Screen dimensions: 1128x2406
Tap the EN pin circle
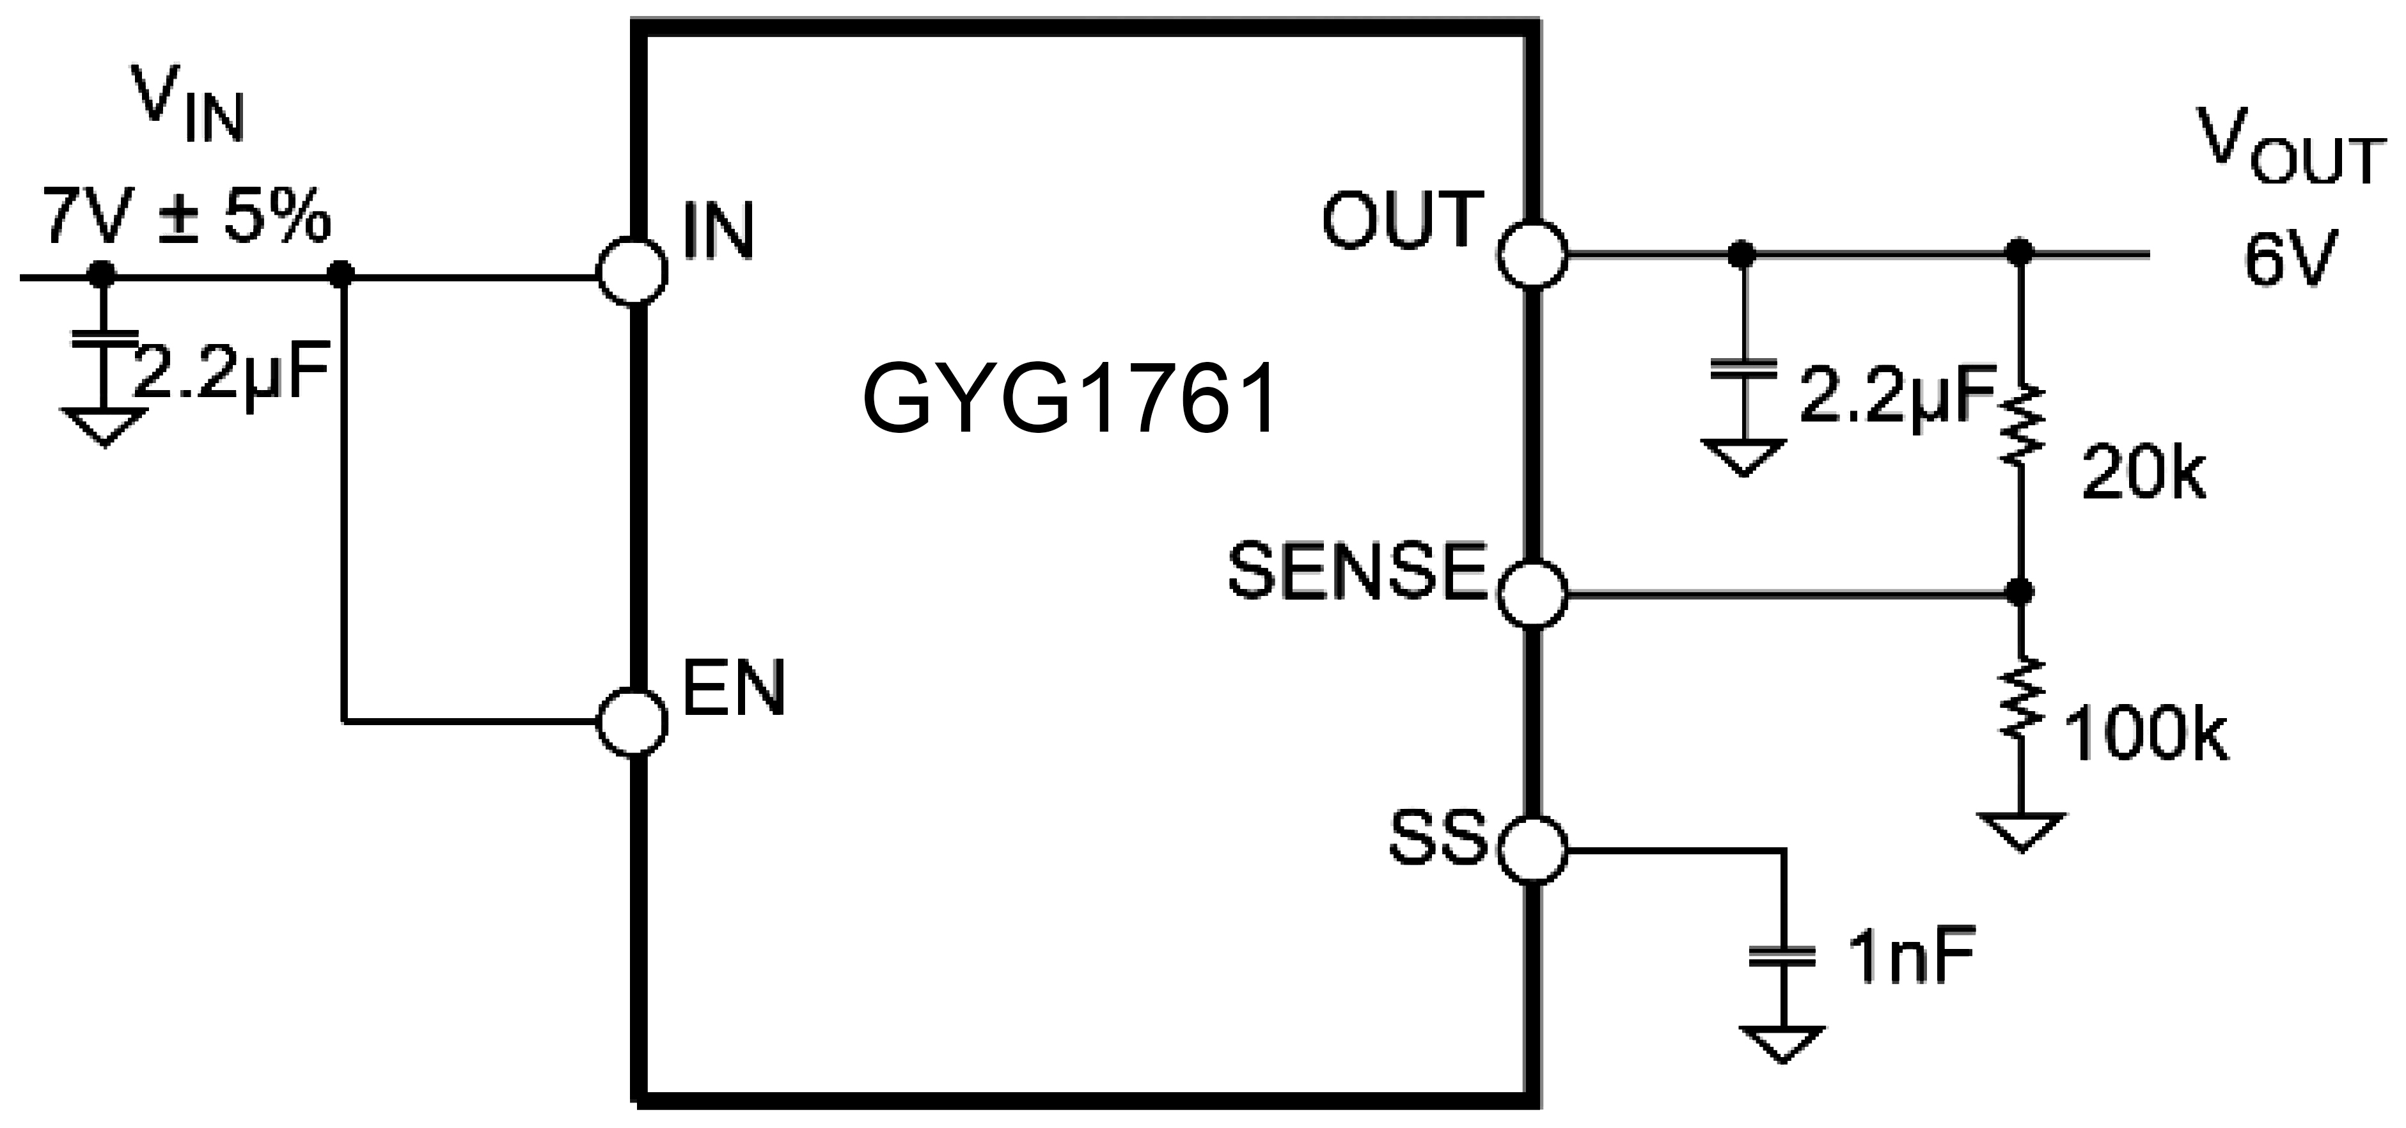[633, 721]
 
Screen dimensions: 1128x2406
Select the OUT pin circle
[1533, 253]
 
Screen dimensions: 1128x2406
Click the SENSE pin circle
[1533, 593]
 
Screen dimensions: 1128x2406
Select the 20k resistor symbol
[2020, 426]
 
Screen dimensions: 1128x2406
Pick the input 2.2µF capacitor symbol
[103, 338]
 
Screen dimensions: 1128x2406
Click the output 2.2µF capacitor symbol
[1743, 367]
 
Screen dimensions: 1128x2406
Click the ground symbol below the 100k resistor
[2020, 831]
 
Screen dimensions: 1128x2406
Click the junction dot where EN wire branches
[343, 274]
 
